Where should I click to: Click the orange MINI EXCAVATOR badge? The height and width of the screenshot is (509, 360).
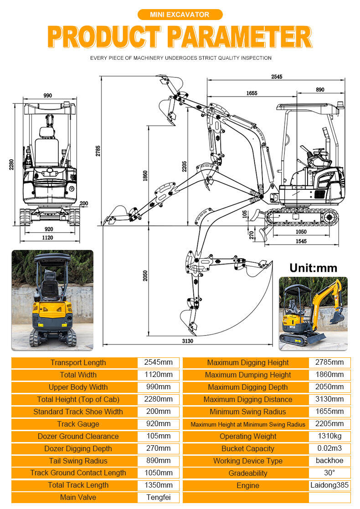pyautogui.click(x=180, y=15)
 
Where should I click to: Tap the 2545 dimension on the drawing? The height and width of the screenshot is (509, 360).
pyautogui.click(x=276, y=77)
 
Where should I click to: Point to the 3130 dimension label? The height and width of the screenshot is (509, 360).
pyautogui.click(x=187, y=341)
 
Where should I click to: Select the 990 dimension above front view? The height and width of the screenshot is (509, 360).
pyautogui.click(x=47, y=96)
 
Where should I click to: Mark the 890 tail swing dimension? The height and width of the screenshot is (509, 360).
pyautogui.click(x=320, y=90)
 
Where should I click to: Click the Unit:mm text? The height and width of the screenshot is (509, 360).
pyautogui.click(x=313, y=268)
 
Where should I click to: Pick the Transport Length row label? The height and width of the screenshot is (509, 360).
pyautogui.click(x=78, y=362)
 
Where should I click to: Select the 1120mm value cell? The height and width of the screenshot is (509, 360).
pyautogui.click(x=158, y=375)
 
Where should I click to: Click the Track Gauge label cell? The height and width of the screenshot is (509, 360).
pyautogui.click(x=78, y=424)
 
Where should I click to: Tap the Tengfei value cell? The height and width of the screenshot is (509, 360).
pyautogui.click(x=158, y=497)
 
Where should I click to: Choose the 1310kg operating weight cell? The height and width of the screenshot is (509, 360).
pyautogui.click(x=329, y=436)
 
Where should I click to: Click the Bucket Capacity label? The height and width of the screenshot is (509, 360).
pyautogui.click(x=247, y=448)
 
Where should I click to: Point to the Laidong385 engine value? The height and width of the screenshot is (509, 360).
pyautogui.click(x=329, y=485)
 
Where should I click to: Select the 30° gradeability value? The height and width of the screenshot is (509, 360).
pyautogui.click(x=329, y=473)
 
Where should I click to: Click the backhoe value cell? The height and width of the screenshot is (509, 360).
pyautogui.click(x=329, y=460)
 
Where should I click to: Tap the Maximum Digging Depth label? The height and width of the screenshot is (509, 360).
pyautogui.click(x=247, y=387)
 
